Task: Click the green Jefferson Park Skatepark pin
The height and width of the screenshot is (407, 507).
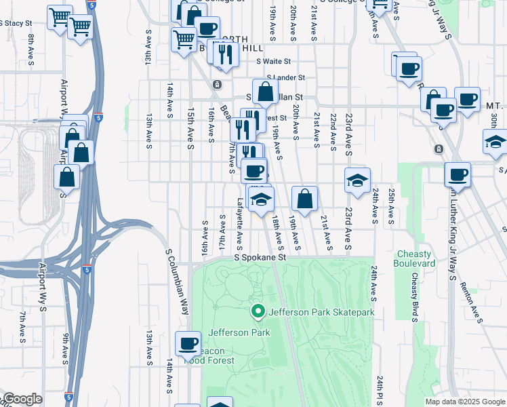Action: pyautogui.click(x=258, y=311)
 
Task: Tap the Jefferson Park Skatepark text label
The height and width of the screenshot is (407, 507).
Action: pyautogui.click(x=322, y=312)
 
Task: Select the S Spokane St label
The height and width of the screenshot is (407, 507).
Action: pyautogui.click(x=261, y=258)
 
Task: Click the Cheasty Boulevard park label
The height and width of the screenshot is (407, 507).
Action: pyautogui.click(x=414, y=258)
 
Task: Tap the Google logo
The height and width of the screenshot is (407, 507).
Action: pyautogui.click(x=22, y=399)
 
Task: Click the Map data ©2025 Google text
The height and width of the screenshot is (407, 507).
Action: pyautogui.click(x=464, y=402)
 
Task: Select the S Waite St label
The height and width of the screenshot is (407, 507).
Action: pyautogui.click(x=282, y=61)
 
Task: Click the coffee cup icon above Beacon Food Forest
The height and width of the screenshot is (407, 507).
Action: pyautogui.click(x=188, y=343)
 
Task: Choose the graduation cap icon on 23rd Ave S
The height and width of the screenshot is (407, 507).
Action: pyautogui.click(x=357, y=180)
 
